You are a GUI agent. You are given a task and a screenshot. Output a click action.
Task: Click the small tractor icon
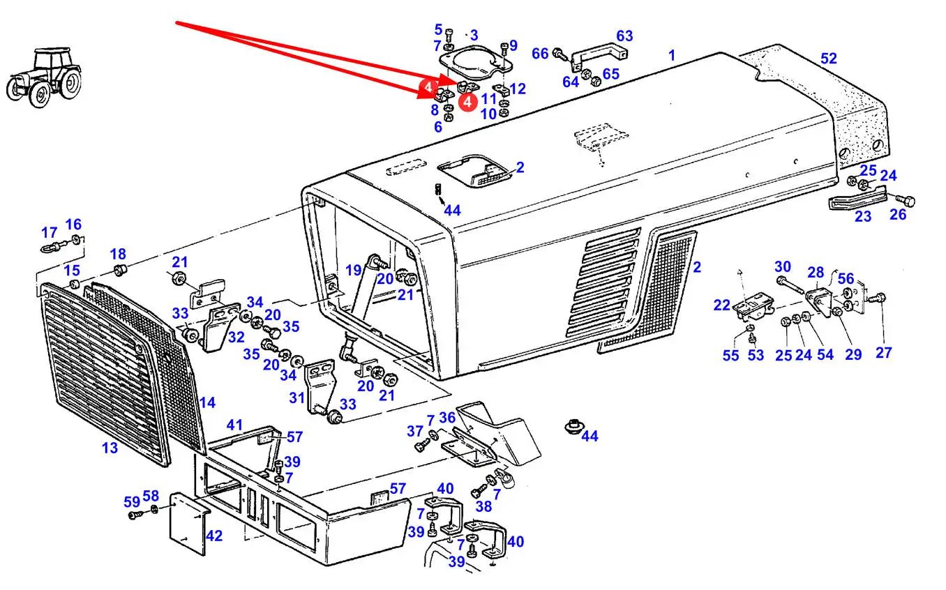tap(43, 76)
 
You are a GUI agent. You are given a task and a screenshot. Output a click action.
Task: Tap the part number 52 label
tap(828, 59)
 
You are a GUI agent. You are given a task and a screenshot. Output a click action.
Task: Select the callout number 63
tap(624, 36)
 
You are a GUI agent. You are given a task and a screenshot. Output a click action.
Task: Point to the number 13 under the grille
tap(110, 448)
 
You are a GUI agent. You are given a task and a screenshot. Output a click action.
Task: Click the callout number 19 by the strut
tap(353, 270)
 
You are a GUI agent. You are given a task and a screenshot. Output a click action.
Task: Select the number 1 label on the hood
tap(672, 55)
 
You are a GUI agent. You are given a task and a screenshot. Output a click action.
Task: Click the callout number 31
tap(297, 398)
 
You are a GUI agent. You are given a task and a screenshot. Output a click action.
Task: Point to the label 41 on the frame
tap(234, 425)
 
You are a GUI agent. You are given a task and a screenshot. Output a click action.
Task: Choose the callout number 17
tap(49, 232)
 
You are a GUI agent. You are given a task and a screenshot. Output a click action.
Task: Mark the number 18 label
tap(118, 254)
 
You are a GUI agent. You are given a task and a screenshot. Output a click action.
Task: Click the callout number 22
tap(721, 304)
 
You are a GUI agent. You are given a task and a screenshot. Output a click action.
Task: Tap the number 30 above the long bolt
tap(783, 266)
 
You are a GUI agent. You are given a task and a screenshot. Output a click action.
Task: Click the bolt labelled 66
tap(559, 52)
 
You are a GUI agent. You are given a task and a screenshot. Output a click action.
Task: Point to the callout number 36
tap(446, 418)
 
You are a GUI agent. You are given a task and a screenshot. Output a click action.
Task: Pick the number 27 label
tap(883, 352)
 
